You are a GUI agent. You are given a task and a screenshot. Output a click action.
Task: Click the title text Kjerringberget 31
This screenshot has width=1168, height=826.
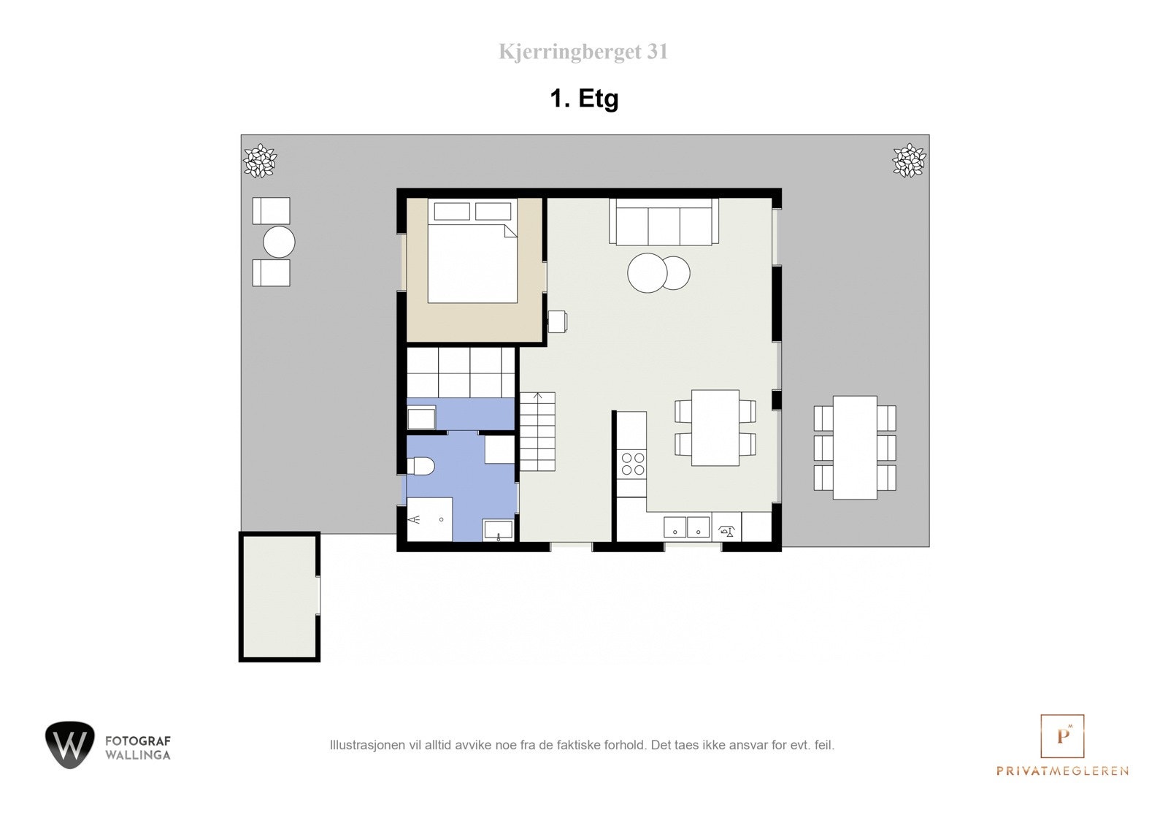[x=583, y=52]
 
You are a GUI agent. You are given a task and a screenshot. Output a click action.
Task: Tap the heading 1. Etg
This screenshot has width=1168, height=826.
[x=584, y=98]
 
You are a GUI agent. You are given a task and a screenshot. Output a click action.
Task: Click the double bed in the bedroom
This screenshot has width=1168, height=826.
[x=472, y=261]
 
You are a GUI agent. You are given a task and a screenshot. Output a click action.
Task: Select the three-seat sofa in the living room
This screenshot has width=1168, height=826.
[x=664, y=222]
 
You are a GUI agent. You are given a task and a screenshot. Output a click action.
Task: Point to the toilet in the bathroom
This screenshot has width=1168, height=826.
[x=421, y=466]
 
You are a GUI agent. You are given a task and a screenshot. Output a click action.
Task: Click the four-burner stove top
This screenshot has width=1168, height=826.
[x=632, y=464]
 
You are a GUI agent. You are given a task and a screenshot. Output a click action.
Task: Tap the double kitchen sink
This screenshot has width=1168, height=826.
[x=686, y=527]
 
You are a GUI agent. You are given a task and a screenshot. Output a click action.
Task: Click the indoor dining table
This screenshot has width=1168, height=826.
[x=715, y=428]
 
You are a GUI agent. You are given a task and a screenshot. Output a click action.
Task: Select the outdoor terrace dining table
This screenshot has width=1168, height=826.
[x=855, y=448]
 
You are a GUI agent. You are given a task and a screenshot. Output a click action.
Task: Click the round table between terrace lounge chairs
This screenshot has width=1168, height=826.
[x=279, y=242]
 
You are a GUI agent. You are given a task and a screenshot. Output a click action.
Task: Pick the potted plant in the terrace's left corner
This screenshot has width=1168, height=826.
[x=259, y=160]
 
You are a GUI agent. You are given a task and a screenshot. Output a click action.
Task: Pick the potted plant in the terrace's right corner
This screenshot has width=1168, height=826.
[x=908, y=159]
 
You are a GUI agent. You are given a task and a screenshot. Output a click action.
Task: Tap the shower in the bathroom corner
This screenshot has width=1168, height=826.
[x=429, y=519]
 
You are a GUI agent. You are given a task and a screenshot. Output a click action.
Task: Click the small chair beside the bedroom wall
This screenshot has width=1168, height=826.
[x=557, y=321]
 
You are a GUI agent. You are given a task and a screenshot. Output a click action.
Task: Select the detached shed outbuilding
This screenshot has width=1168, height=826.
[x=280, y=597]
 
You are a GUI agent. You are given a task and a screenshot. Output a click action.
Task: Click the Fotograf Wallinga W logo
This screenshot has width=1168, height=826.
[x=70, y=745]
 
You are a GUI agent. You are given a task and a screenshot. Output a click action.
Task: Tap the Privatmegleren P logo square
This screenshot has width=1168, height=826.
[x=1062, y=736]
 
